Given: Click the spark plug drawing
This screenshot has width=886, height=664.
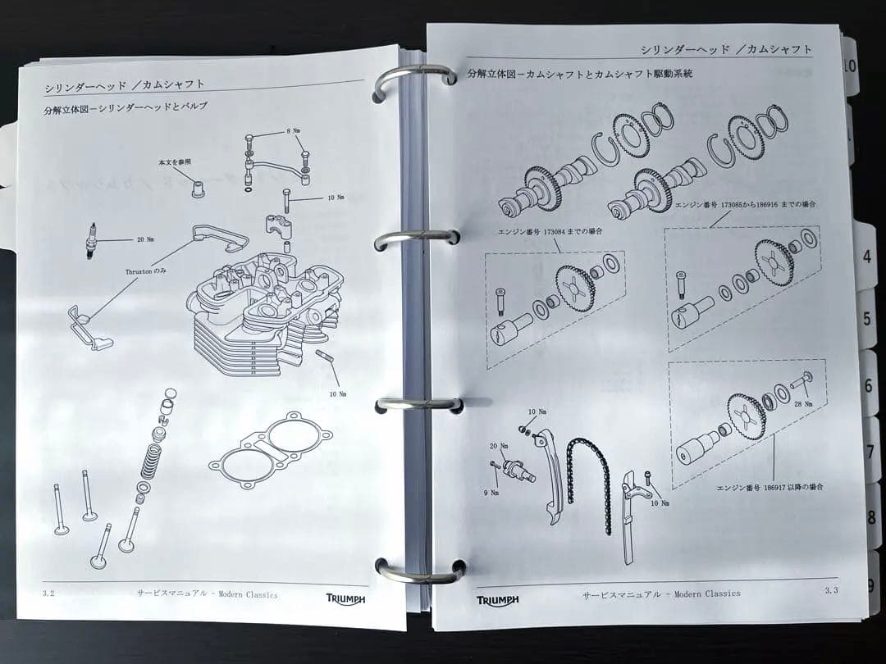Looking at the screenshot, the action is pos(89,241).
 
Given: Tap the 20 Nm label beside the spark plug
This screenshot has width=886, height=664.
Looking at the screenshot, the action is pos(145,239).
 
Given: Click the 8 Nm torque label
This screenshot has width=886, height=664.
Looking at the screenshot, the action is pos(293,131).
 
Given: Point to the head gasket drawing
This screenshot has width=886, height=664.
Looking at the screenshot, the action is pos(271,450).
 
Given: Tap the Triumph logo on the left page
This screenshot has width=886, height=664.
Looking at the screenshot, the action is pos(345,599).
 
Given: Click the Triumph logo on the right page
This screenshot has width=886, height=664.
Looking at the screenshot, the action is pos(497,600).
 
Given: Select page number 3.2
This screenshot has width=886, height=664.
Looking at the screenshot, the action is pos(48,594).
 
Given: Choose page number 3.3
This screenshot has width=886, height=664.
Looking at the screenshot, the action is pos(830,590).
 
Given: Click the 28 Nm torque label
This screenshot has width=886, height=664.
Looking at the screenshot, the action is pos(802,403).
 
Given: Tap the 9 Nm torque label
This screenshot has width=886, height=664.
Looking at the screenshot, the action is pos(491,493).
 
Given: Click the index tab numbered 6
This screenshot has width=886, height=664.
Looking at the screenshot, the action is pos(868,385).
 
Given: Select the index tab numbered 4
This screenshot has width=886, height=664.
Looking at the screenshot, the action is pos(866,257).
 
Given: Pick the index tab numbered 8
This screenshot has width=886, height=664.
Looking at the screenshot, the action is pos(871,516).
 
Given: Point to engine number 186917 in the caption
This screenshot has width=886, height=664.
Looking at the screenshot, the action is pos(778,487).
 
